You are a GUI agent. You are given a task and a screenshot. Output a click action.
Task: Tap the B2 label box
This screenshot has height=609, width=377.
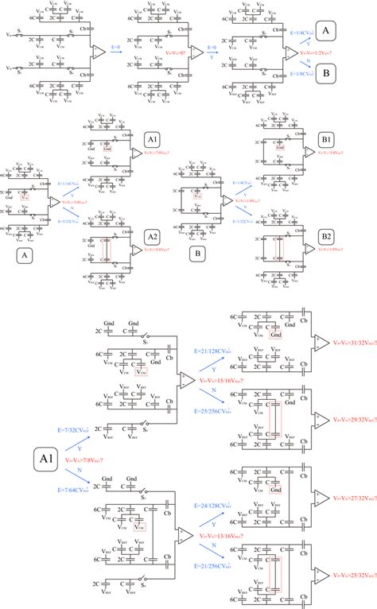327,236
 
